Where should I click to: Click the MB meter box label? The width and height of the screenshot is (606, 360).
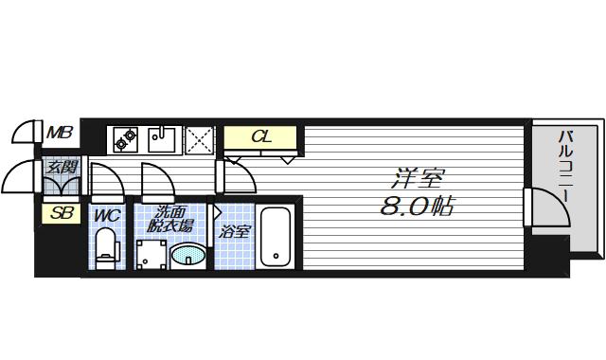point(60,133)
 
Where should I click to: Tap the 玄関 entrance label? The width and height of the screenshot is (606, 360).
point(62,168)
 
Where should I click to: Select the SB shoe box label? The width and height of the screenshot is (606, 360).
point(62,213)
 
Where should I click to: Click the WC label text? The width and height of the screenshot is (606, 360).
point(107,216)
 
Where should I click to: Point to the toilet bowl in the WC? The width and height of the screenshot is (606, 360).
point(105,247)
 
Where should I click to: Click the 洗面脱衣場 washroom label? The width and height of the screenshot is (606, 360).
point(170,219)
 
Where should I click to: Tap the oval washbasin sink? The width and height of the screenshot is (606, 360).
point(187,255)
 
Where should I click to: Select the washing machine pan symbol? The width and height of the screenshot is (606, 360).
point(151,254)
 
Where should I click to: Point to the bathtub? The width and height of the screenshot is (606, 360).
point(276,237)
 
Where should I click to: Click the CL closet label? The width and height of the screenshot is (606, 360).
point(261,136)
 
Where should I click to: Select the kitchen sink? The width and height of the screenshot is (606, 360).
point(162,139)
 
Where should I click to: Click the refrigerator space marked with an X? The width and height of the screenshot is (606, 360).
point(200,140)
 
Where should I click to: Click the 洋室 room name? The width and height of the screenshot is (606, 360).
point(418,178)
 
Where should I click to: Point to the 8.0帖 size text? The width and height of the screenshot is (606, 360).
point(417,207)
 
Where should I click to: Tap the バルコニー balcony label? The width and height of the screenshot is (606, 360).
point(565,167)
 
